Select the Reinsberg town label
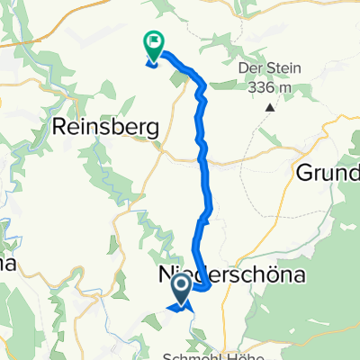click(107, 128)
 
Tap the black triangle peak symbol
click(270, 108)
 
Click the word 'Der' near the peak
click(247, 70)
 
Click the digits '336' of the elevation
click(264, 87)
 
